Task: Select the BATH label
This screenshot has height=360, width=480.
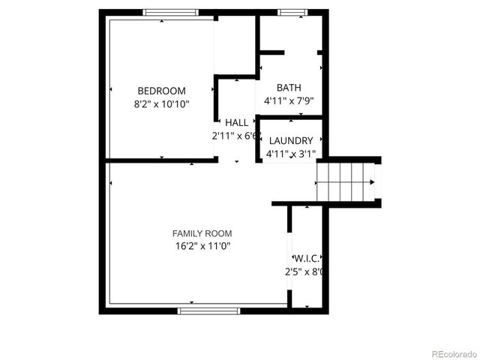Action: click(x=289, y=88)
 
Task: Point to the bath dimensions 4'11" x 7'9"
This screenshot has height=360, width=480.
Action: click(x=289, y=100)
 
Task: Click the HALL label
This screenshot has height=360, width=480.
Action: click(x=236, y=123)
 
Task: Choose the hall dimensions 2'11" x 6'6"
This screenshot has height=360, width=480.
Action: click(x=235, y=136)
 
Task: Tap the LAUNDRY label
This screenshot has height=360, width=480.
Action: click(x=290, y=141)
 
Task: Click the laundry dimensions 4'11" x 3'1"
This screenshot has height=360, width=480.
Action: click(x=290, y=154)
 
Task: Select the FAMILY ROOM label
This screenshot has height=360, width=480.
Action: click(x=202, y=233)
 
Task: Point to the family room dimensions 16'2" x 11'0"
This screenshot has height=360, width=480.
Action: click(x=202, y=246)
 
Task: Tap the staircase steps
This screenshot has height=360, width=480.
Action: click(x=345, y=181)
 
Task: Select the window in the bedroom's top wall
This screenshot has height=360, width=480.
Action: click(x=171, y=12)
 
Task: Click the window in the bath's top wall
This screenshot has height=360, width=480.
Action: click(x=292, y=12)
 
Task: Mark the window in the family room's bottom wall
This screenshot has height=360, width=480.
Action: click(x=208, y=310)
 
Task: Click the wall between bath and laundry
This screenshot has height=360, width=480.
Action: click(x=290, y=117)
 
